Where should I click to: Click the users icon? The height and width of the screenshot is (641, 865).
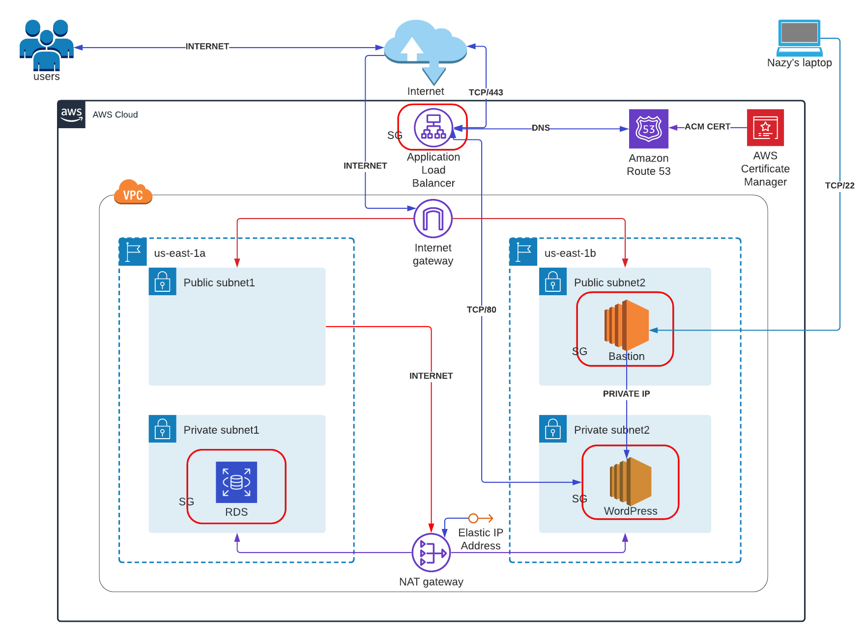pyautogui.click(x=47, y=45)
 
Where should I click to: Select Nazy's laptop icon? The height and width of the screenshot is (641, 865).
pyautogui.click(x=800, y=38)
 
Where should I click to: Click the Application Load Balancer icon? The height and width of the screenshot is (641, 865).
pyautogui.click(x=433, y=128)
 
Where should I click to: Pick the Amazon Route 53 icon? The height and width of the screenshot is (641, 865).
pyautogui.click(x=649, y=129)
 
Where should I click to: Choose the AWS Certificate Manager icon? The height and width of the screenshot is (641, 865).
pyautogui.click(x=765, y=128)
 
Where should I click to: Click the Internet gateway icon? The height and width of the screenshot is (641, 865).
pyautogui.click(x=433, y=219)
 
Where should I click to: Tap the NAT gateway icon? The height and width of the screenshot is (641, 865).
pyautogui.click(x=431, y=553)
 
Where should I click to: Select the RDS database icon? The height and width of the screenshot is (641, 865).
pyautogui.click(x=236, y=482)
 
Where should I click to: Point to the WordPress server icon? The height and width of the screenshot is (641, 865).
pyautogui.click(x=631, y=481)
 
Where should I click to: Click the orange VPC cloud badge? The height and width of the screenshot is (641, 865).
pyautogui.click(x=133, y=193)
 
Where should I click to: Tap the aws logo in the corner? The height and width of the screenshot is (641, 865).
pyautogui.click(x=72, y=114)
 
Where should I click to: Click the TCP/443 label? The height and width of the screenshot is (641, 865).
pyautogui.click(x=486, y=92)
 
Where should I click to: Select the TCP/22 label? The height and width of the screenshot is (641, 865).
pyautogui.click(x=839, y=185)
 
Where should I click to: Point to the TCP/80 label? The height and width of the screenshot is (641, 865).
pyautogui.click(x=481, y=309)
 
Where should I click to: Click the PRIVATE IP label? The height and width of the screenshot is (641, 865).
pyautogui.click(x=626, y=393)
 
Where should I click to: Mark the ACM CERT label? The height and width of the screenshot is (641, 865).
pyautogui.click(x=707, y=127)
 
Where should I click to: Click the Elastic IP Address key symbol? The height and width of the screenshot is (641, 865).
pyautogui.click(x=480, y=518)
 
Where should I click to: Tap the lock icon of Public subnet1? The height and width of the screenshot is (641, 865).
pyautogui.click(x=163, y=281)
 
